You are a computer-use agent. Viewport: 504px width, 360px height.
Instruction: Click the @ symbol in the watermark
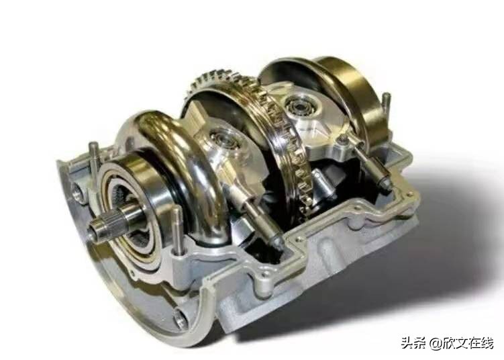pos(434,343)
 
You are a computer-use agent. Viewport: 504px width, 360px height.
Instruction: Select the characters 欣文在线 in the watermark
pos(467,343)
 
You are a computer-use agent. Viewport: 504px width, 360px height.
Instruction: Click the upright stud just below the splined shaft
pos(177,230)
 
